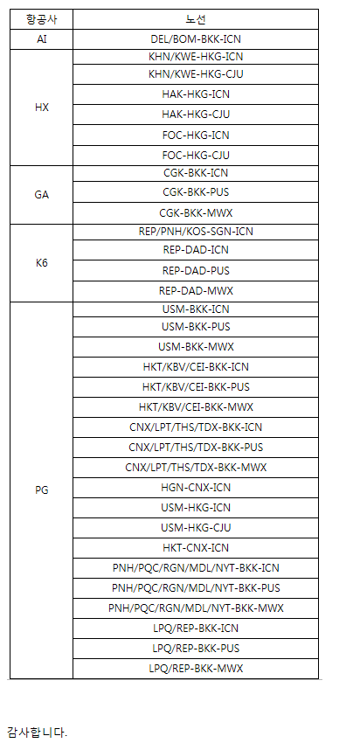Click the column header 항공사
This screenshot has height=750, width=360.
pos(42,19)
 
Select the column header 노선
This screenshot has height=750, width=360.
pos(196,19)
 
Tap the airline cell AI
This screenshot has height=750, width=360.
pos(42,39)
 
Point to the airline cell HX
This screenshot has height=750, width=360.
pos(42,108)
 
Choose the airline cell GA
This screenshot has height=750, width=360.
pos(42,195)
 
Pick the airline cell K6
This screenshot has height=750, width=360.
pos(42,263)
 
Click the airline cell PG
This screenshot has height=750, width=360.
pos(42,490)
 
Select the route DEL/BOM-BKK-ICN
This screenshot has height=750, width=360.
pos(196,39)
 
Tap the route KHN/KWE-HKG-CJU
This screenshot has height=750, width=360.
pos(196,74)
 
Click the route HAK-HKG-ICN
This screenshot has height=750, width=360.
pos(196,94)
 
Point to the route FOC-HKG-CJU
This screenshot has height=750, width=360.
pos(196,156)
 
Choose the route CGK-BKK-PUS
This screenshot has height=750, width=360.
pos(196,192)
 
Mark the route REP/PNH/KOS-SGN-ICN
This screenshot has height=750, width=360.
pos(196,232)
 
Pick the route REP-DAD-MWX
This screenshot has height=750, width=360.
pos(196,291)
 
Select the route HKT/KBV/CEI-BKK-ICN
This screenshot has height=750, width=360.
pos(196,367)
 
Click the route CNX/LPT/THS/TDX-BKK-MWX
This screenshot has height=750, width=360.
pos(196,468)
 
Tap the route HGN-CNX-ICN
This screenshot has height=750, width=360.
pos(196,488)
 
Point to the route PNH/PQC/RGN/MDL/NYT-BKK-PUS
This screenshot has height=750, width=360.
pos(196,588)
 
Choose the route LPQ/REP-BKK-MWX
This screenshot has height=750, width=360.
pos(196,669)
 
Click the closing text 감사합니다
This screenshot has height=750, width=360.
pos(38,732)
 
